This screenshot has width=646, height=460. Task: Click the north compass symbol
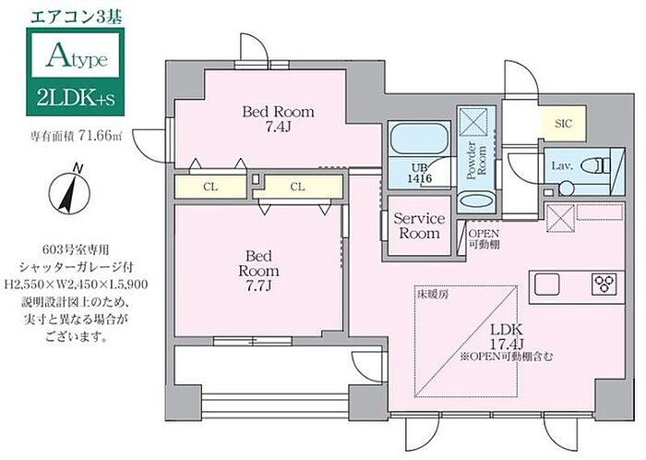[69, 191]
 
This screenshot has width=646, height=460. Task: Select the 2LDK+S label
[76, 99]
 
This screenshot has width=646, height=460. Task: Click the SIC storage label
[563, 123]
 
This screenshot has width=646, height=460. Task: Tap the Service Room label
[419, 225]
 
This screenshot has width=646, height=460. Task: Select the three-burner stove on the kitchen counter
[604, 284]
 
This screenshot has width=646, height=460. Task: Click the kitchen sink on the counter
[547, 284]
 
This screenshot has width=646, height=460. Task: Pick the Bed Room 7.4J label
[278, 119]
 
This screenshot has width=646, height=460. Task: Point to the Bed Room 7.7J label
[258, 271]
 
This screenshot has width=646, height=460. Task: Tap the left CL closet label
[210, 187]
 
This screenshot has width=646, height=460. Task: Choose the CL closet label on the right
[297, 187]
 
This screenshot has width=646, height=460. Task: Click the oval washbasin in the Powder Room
[476, 201]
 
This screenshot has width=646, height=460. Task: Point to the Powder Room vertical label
[476, 161]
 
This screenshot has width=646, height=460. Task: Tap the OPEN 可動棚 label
[484, 238]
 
